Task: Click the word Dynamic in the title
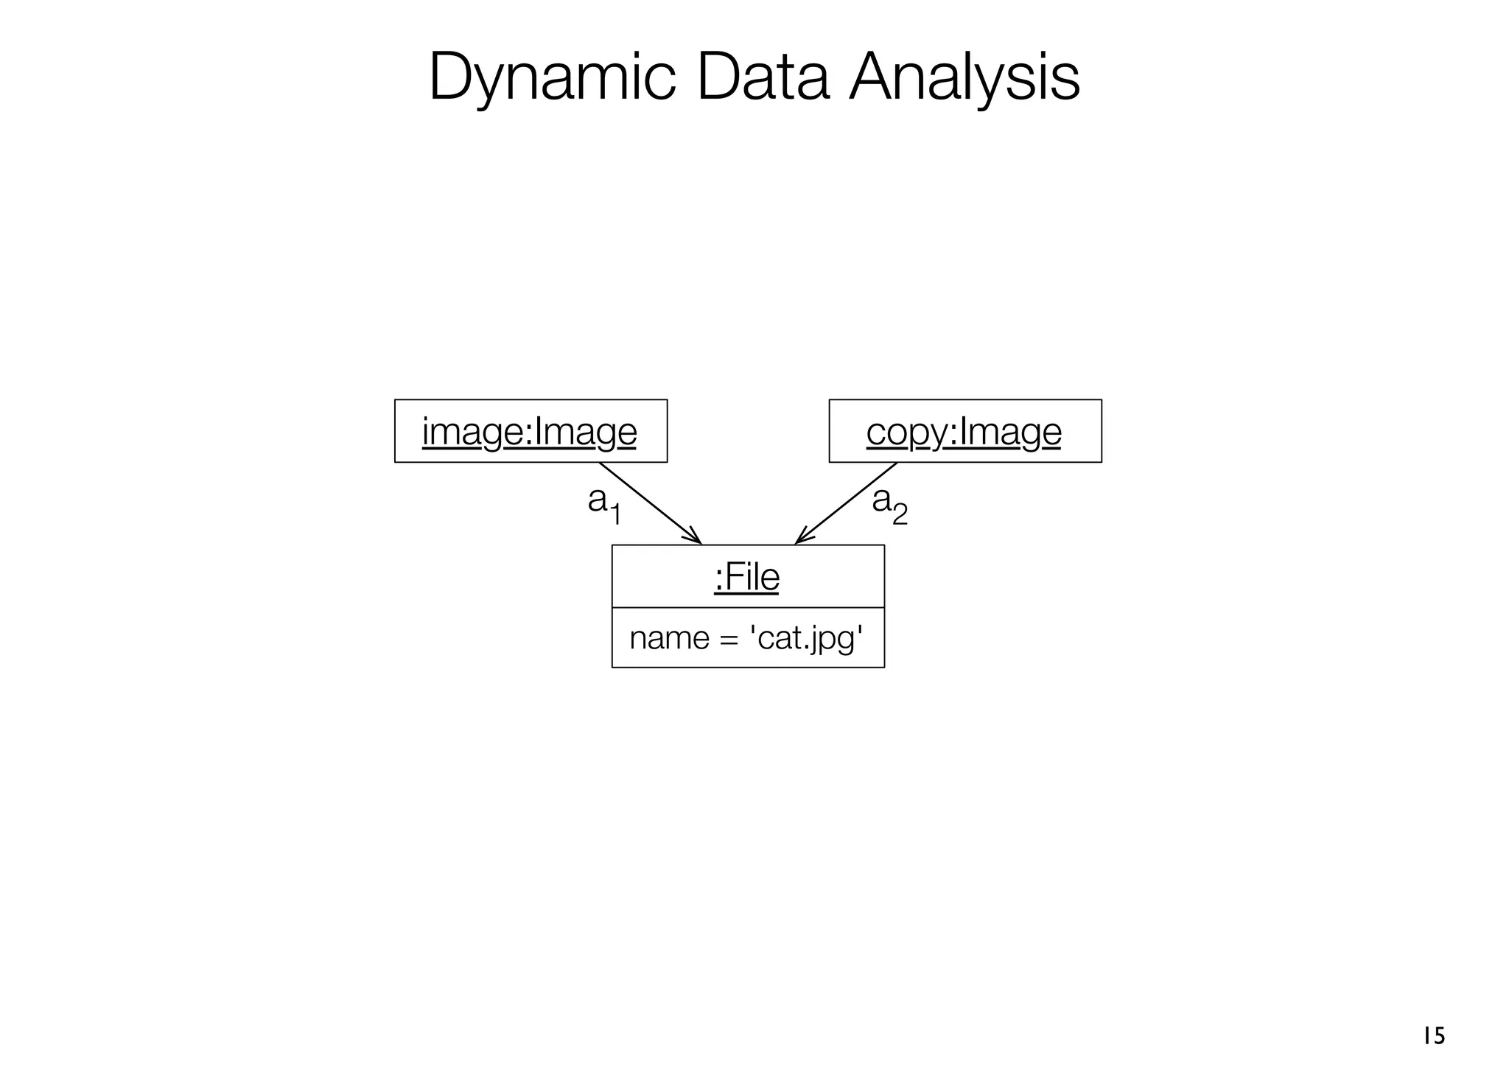point(552,78)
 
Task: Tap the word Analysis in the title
point(964,78)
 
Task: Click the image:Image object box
point(531,431)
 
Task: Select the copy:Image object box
point(964,431)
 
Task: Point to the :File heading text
point(747,577)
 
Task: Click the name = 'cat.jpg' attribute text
point(747,638)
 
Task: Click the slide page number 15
point(1434,1036)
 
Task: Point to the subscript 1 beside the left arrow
point(616,514)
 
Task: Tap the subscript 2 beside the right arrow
point(900,514)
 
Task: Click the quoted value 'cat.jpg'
point(805,638)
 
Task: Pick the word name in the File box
point(669,638)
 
